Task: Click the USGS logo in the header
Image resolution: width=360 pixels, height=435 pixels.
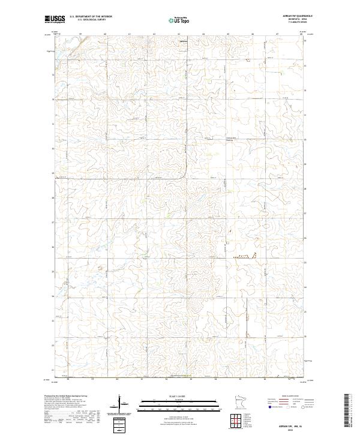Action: tap(55, 20)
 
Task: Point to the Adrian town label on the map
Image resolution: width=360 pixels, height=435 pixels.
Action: tap(184, 41)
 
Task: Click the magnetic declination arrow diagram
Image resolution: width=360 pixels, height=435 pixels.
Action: tap(121, 403)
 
